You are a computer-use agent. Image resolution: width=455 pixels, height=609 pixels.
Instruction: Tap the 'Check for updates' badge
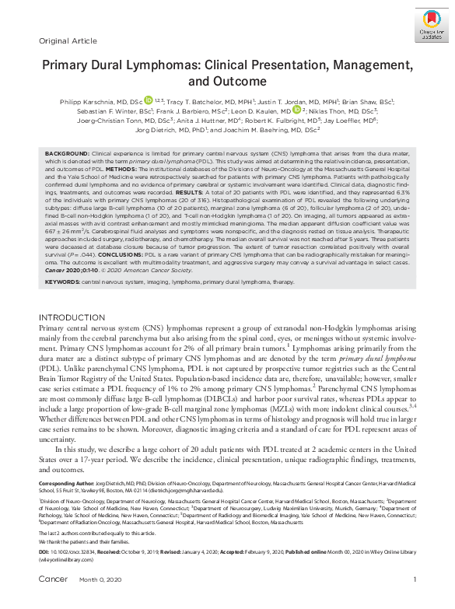pos(420,28)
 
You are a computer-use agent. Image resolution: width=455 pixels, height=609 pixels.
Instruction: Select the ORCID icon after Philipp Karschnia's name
pos(149,101)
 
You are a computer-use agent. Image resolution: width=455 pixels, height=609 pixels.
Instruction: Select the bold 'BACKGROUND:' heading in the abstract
pos(67,156)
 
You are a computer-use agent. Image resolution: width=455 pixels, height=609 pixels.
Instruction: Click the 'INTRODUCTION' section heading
pos(72,318)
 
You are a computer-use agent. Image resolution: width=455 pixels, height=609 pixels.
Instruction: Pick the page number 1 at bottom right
pos(415,600)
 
